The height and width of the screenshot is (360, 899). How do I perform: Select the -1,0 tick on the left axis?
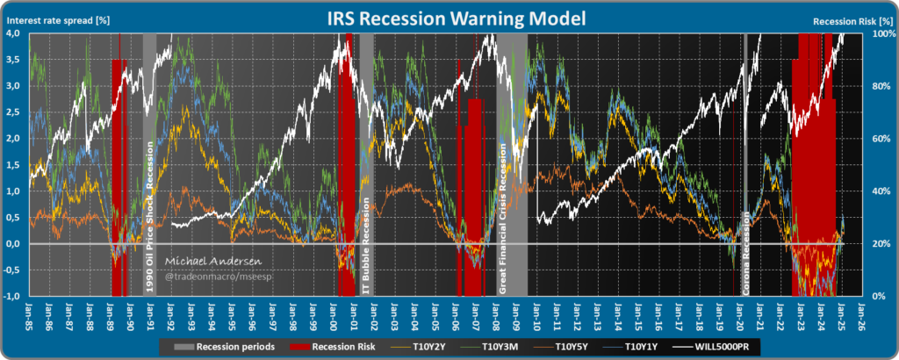click(x=13, y=296)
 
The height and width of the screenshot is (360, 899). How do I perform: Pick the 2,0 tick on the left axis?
click(x=15, y=139)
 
